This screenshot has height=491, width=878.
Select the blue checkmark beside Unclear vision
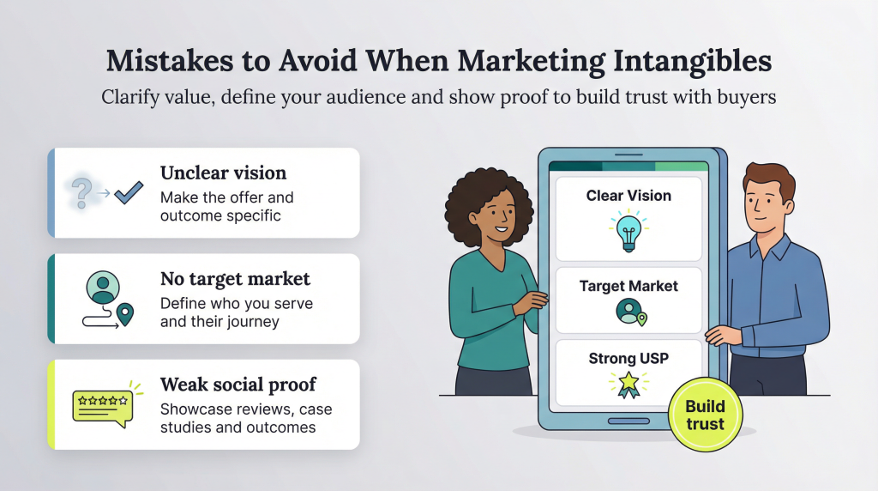pyautogui.click(x=129, y=191)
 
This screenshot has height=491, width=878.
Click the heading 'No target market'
pyautogui.click(x=235, y=279)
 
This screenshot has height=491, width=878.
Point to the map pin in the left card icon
pyautogui.click(x=126, y=315)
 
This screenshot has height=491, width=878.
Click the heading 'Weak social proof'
pyautogui.click(x=238, y=385)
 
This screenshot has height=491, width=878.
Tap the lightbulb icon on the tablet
pyautogui.click(x=628, y=232)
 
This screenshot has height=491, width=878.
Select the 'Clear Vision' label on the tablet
pyautogui.click(x=628, y=196)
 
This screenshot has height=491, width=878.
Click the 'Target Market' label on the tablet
pyautogui.click(x=628, y=286)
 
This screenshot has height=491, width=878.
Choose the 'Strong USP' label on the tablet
pyautogui.click(x=628, y=359)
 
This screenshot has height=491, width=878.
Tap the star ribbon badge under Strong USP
pyautogui.click(x=628, y=384)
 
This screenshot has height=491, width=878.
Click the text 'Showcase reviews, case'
pyautogui.click(x=246, y=409)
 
